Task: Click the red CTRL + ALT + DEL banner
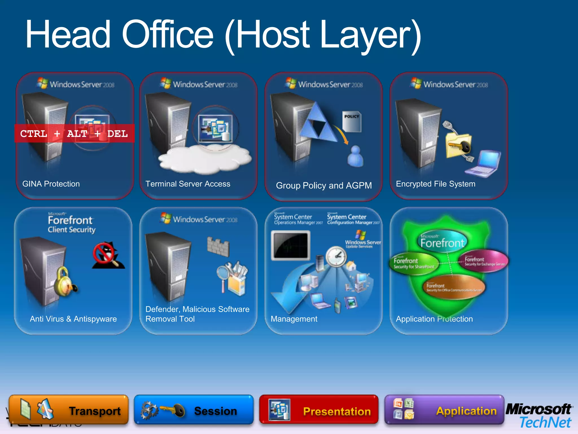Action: (x=74, y=133)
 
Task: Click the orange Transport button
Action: (x=69, y=410)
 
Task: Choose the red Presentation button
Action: (x=319, y=410)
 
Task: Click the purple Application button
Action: (x=444, y=410)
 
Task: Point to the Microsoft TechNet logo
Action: (x=539, y=416)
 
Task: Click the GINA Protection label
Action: (x=51, y=184)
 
